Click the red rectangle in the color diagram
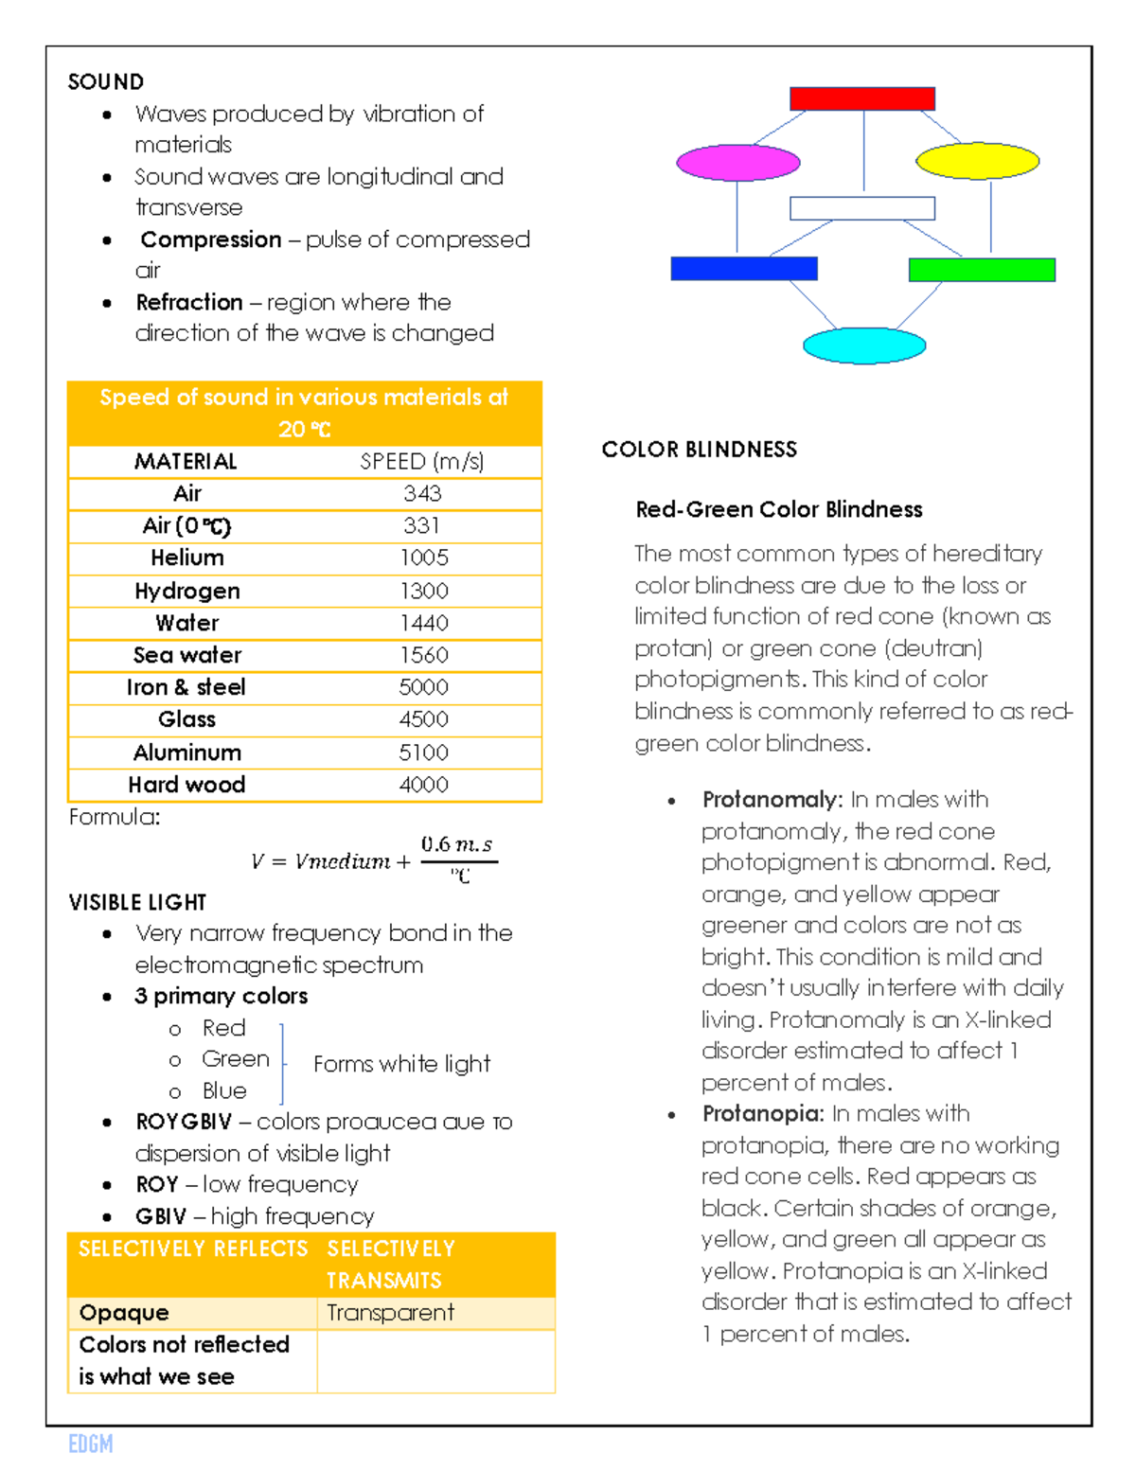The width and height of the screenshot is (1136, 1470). coord(862,98)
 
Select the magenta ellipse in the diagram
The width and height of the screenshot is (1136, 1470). coord(737,163)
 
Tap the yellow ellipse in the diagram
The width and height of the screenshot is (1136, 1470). coord(978,161)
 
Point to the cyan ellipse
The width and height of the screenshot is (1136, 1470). coord(863,345)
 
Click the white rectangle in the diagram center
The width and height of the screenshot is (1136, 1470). coord(862,208)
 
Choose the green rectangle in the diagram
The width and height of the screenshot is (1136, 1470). coord(982,270)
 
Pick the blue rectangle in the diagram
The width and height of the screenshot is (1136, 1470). coord(744,269)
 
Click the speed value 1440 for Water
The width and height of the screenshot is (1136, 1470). coord(423,623)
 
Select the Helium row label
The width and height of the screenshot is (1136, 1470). coord(187,558)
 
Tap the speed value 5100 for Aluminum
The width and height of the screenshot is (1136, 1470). coord(423,753)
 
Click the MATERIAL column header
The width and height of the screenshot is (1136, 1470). coord(186,461)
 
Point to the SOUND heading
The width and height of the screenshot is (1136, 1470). coord(106,82)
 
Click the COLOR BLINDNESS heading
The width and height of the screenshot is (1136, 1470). coord(700,450)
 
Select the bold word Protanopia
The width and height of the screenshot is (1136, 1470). coord(763,1114)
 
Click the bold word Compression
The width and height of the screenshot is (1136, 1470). coord(211,239)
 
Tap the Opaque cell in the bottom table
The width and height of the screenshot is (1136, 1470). coord(124,1313)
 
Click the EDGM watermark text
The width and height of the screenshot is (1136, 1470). coord(91,1443)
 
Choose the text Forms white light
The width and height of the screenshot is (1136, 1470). coord(401,1064)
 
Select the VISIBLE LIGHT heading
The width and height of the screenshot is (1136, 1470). coord(137,902)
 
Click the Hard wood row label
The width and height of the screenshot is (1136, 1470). coord(186,785)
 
